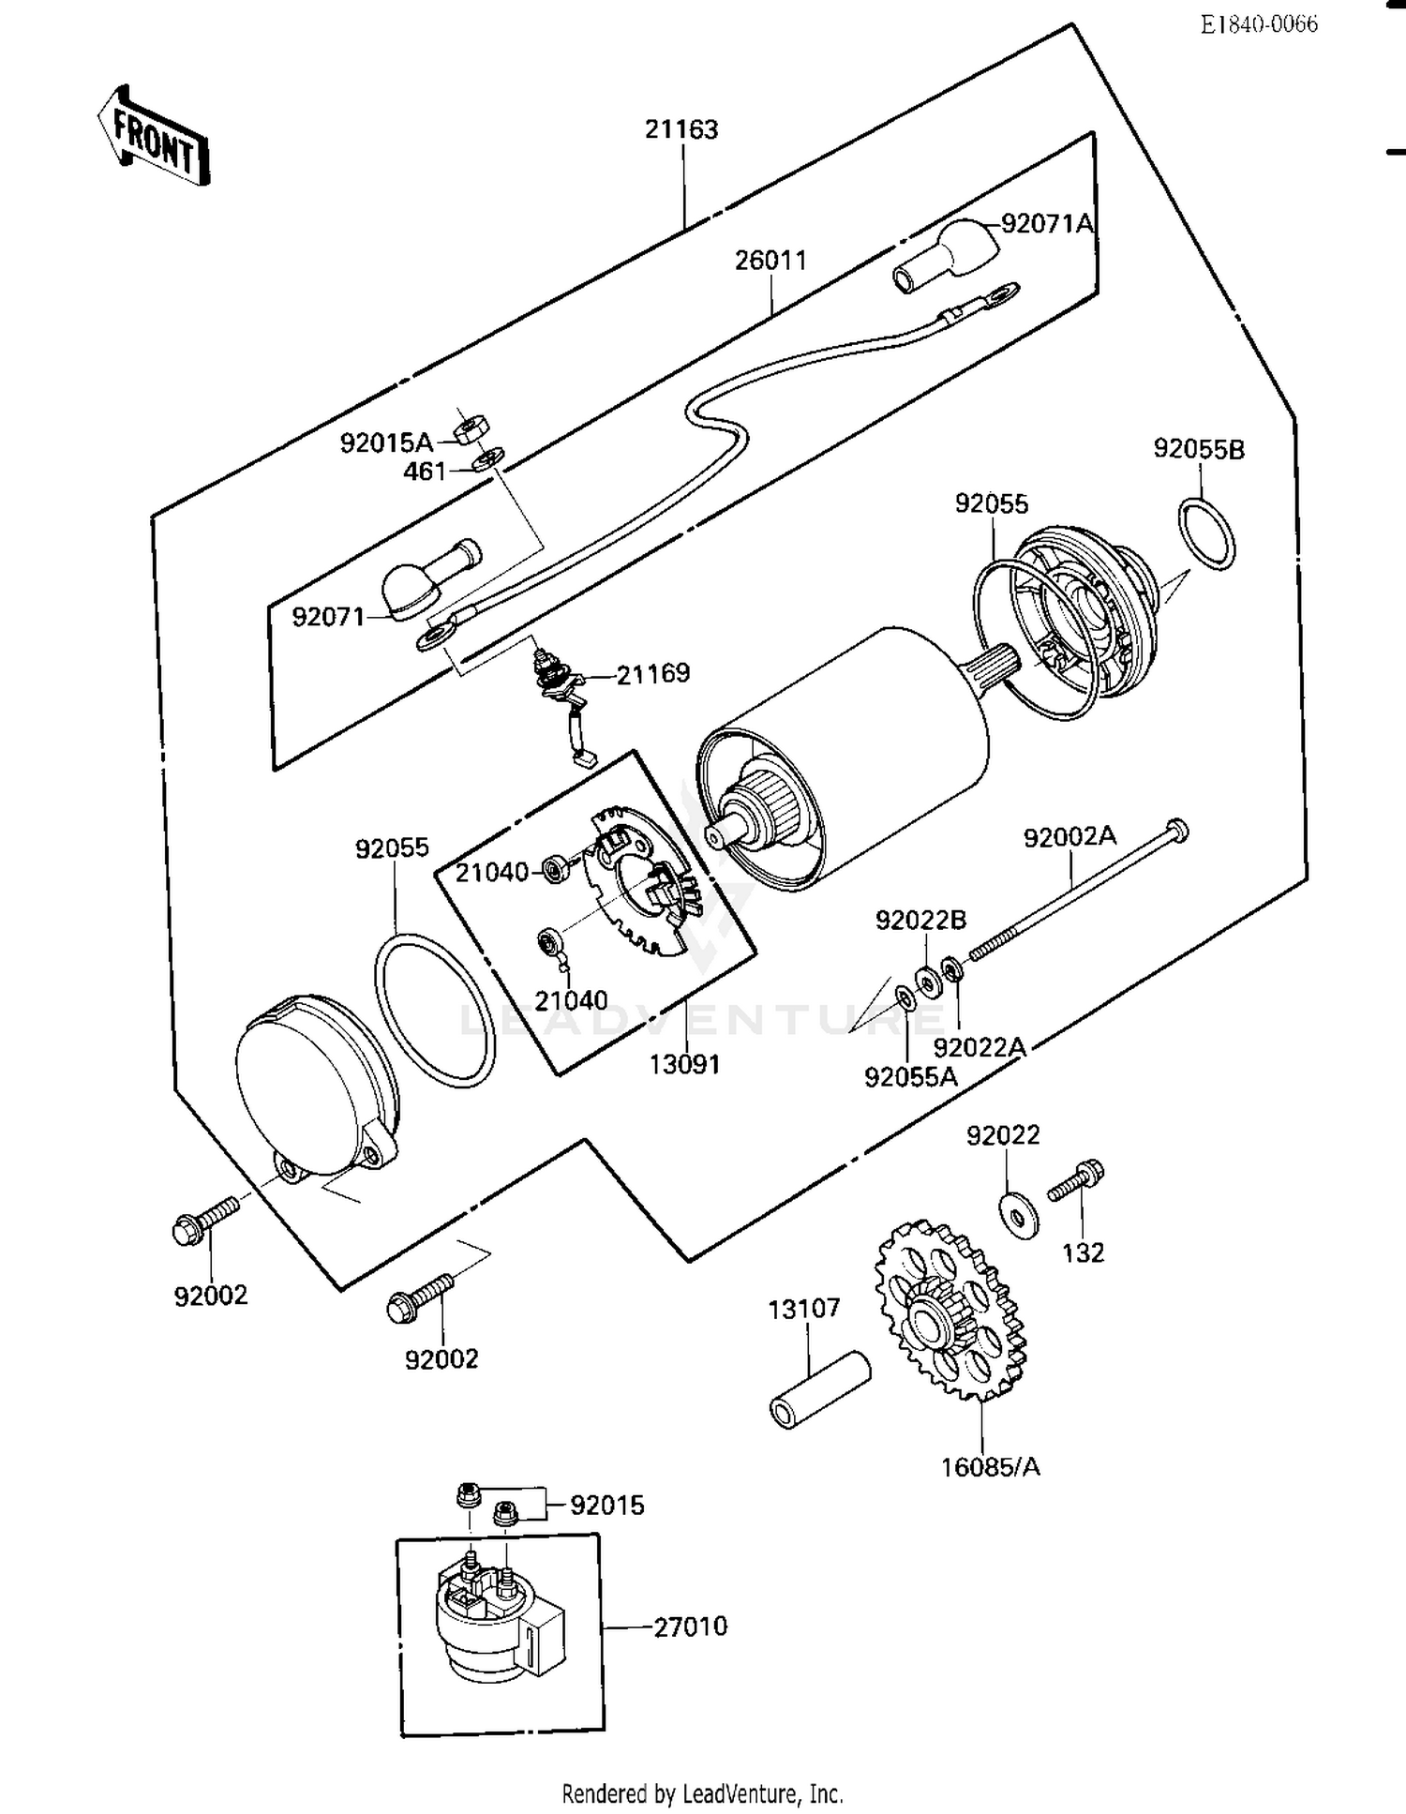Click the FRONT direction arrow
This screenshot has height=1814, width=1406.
(154, 137)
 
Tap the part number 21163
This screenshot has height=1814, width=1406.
(681, 129)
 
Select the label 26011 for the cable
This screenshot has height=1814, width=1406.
(770, 260)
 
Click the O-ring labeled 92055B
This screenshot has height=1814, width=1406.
(1206, 533)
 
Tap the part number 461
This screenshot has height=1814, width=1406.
(425, 471)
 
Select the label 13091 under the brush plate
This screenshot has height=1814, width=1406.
(685, 1064)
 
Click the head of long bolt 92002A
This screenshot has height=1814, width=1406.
(1177, 829)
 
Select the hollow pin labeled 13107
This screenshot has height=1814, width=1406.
(819, 1390)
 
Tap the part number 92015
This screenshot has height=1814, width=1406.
(606, 1505)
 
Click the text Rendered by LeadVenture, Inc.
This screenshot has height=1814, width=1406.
(702, 1793)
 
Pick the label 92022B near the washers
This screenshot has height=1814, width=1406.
(920, 920)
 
